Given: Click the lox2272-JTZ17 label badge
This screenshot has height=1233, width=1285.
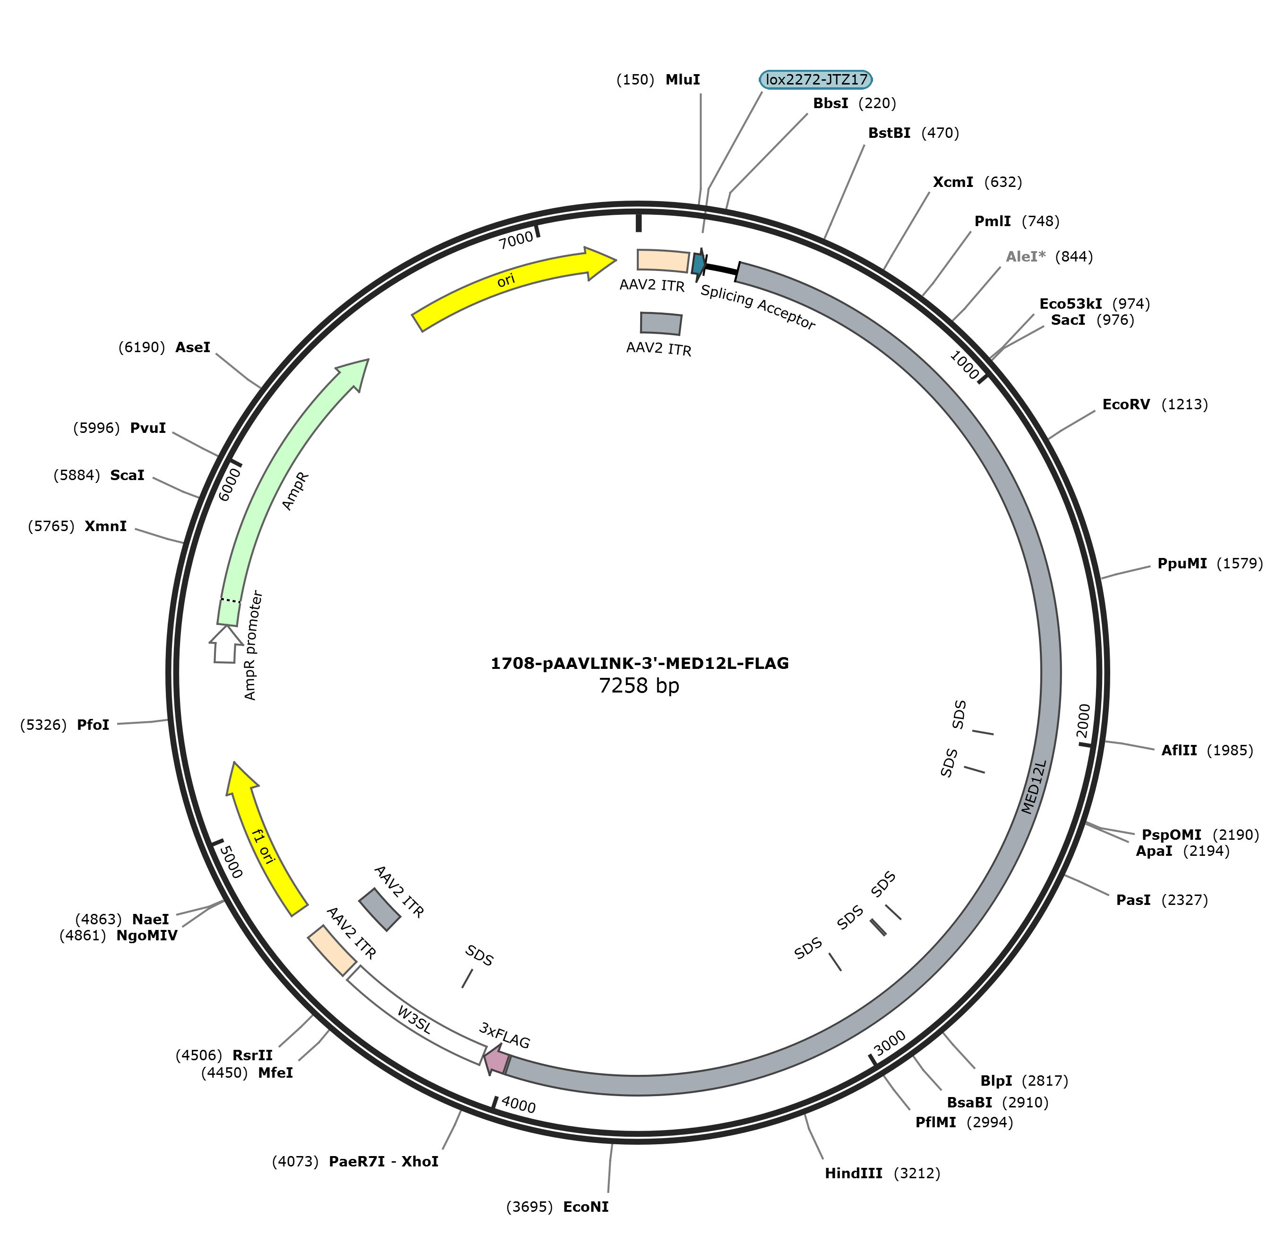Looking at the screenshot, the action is [x=815, y=79].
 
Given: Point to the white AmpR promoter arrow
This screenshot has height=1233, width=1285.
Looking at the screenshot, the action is [x=225, y=643].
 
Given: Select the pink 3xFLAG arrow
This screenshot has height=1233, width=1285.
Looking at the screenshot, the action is [x=496, y=1059].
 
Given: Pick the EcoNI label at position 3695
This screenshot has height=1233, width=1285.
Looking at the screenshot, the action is [x=557, y=1206].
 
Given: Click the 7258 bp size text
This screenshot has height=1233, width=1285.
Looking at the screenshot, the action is [x=639, y=685].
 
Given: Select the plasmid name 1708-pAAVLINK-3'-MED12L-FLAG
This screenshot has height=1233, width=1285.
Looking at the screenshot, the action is [x=639, y=663].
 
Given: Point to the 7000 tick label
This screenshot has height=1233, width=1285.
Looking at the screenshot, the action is [x=516, y=240].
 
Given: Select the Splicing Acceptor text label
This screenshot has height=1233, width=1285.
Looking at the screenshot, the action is [x=758, y=307].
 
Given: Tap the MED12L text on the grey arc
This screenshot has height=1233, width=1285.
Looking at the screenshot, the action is [x=1035, y=786].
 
